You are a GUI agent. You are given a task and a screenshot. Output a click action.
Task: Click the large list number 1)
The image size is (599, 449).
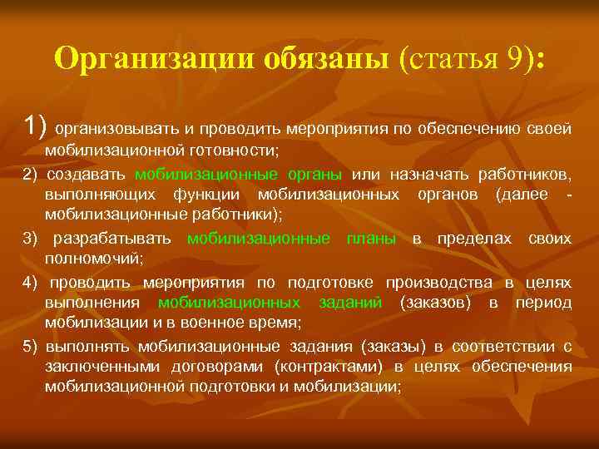tap(37, 128)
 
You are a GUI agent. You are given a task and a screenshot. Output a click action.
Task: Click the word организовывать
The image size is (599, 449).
tap(116, 130)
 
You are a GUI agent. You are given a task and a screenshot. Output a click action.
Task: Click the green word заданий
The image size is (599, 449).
tap(350, 303)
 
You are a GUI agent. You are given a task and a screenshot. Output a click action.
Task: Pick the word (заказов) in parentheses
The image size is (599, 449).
tap(434, 303)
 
